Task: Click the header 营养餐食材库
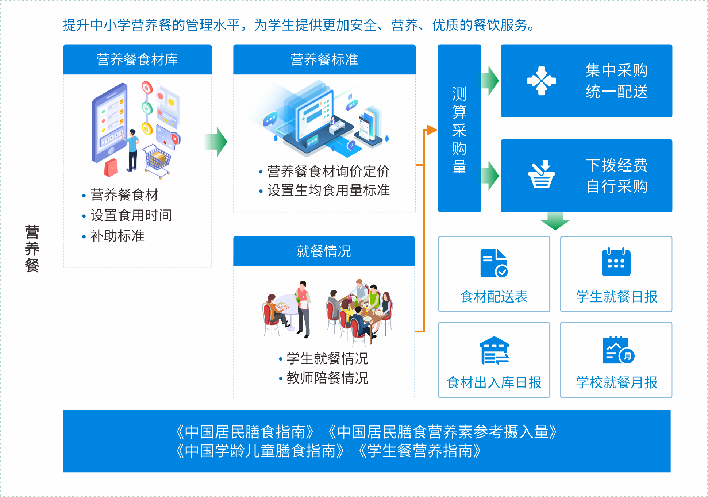(137, 59)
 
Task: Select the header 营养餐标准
(324, 59)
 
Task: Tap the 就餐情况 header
(324, 251)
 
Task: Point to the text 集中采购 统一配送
(616, 81)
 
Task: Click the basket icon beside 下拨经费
(541, 174)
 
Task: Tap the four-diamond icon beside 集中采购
(541, 81)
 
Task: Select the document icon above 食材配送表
(494, 263)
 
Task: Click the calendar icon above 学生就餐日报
(616, 262)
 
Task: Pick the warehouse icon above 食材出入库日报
(494, 351)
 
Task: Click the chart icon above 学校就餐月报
(618, 351)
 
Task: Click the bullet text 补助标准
(118, 236)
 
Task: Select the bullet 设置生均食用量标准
(328, 190)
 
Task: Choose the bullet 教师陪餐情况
(327, 378)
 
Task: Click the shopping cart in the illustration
(157, 161)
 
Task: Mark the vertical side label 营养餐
(32, 248)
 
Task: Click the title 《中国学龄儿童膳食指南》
(260, 451)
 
